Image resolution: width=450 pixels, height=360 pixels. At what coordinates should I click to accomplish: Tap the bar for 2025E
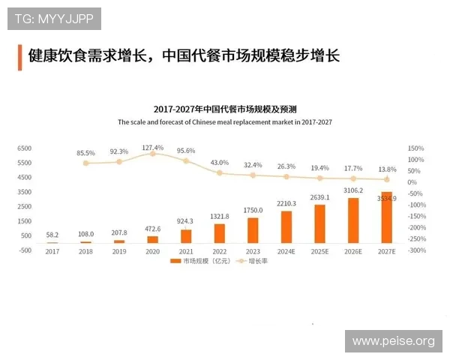click(319, 223)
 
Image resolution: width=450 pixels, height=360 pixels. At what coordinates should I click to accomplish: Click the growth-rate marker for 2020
click(152, 153)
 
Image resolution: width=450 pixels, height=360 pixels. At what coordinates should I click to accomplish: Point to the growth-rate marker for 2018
click(85, 163)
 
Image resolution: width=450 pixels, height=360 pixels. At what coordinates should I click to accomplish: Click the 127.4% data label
click(152, 147)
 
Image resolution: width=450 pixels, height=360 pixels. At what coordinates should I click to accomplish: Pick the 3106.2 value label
click(352, 190)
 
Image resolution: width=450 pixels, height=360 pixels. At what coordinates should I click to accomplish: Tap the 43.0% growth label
click(220, 162)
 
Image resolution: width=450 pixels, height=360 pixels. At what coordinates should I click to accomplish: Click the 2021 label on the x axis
click(186, 251)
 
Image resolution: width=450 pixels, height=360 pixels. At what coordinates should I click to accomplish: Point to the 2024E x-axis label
click(286, 251)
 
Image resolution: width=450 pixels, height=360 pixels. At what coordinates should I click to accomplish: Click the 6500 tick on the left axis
click(25, 148)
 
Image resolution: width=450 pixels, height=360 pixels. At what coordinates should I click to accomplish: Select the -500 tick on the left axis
click(25, 250)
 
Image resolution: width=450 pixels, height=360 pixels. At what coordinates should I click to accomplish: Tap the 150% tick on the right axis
click(415, 148)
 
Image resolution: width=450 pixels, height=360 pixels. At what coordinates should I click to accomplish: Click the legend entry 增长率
click(253, 262)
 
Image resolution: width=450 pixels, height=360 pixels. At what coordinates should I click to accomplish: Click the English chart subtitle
click(224, 121)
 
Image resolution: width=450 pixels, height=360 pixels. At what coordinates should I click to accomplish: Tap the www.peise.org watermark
click(393, 341)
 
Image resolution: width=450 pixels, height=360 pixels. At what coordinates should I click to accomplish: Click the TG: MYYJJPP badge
click(54, 18)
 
